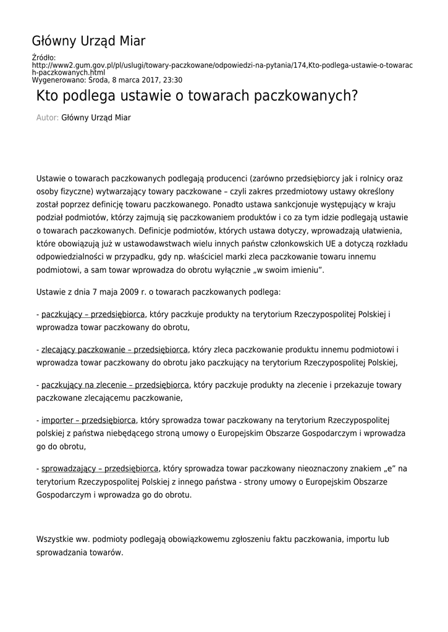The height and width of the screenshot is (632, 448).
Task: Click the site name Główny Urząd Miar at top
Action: click(x=88, y=41)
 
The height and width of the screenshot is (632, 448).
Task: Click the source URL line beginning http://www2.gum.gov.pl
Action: click(x=222, y=65)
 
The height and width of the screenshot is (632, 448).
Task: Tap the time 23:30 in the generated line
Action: click(x=172, y=80)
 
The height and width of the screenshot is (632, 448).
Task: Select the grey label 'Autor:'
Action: click(x=48, y=117)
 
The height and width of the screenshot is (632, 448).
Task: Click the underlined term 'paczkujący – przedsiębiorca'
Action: click(x=93, y=314)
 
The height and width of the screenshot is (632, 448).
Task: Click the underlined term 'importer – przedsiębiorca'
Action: click(x=88, y=420)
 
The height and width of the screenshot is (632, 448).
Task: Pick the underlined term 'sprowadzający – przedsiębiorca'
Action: click(x=100, y=468)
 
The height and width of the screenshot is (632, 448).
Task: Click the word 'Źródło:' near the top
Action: click(x=43, y=57)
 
